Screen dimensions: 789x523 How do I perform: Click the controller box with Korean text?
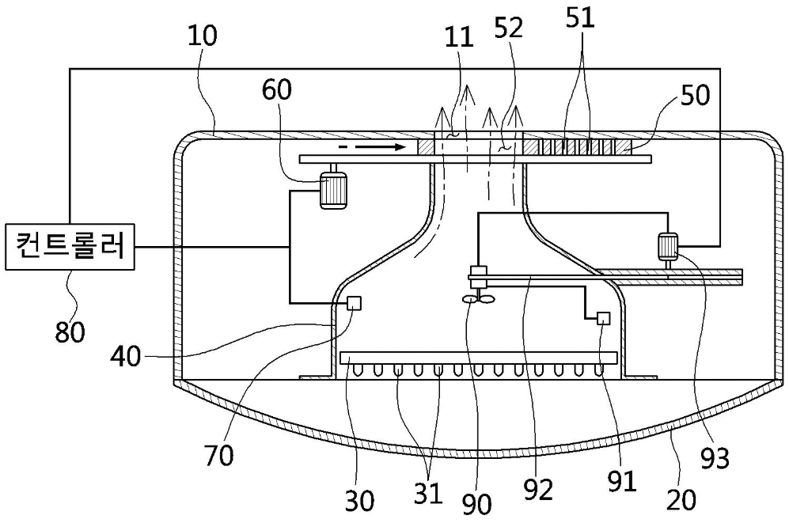pyautogui.click(x=70, y=247)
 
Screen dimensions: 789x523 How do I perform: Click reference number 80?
pyautogui.click(x=70, y=332)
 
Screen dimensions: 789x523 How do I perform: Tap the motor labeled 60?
pyautogui.click(x=332, y=190)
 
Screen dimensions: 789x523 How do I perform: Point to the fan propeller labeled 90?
pyautogui.click(x=479, y=299)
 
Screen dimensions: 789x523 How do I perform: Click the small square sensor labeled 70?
pyautogui.click(x=355, y=303)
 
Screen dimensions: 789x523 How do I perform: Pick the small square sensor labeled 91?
pyautogui.click(x=603, y=318)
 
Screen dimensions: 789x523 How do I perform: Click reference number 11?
pyautogui.click(x=460, y=37)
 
